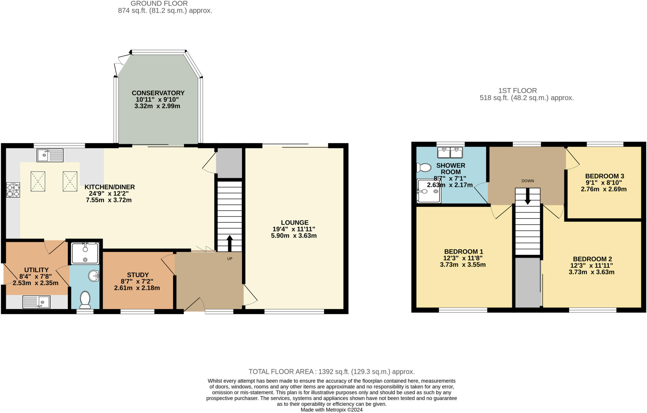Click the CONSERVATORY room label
[x=158, y=93]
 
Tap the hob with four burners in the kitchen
[x=13, y=190]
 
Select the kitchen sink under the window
[x=50, y=155]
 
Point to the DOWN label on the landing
[x=528, y=181]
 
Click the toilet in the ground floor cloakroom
[x=85, y=300]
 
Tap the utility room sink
[x=36, y=302]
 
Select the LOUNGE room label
[x=294, y=223]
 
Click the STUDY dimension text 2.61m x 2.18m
[x=137, y=288]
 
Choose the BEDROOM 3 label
[x=604, y=176]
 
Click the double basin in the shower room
[x=450, y=153]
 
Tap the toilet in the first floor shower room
[x=424, y=167]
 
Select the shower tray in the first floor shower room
[x=429, y=191]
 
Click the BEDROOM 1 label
[x=463, y=252]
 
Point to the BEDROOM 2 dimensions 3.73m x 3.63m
[x=591, y=272]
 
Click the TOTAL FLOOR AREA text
[x=331, y=372]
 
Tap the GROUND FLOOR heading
[x=159, y=3]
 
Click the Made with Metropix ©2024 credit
[x=331, y=410]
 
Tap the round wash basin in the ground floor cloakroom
[x=94, y=276]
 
